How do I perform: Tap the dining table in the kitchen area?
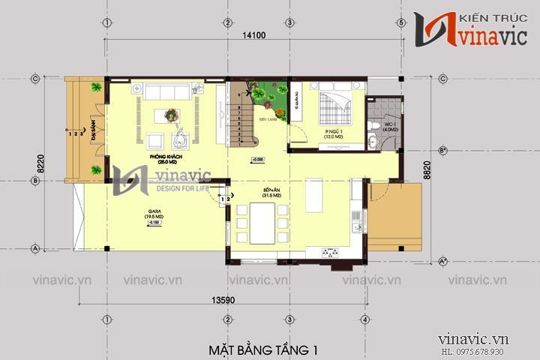pyautogui.click(x=260, y=223)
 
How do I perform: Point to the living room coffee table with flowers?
pyautogui.click(x=171, y=115)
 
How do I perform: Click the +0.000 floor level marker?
pyautogui.click(x=257, y=160)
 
